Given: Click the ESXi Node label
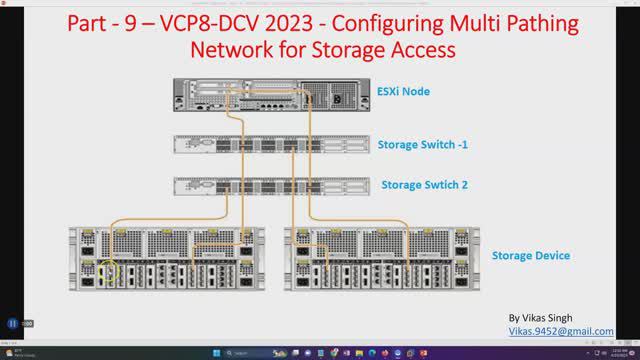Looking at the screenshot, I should [x=404, y=92].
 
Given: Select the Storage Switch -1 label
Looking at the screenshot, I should [x=423, y=145].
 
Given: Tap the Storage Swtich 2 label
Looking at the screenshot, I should [x=425, y=185].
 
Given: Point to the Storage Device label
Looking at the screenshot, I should [x=531, y=256].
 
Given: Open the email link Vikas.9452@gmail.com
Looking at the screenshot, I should [x=561, y=331].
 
